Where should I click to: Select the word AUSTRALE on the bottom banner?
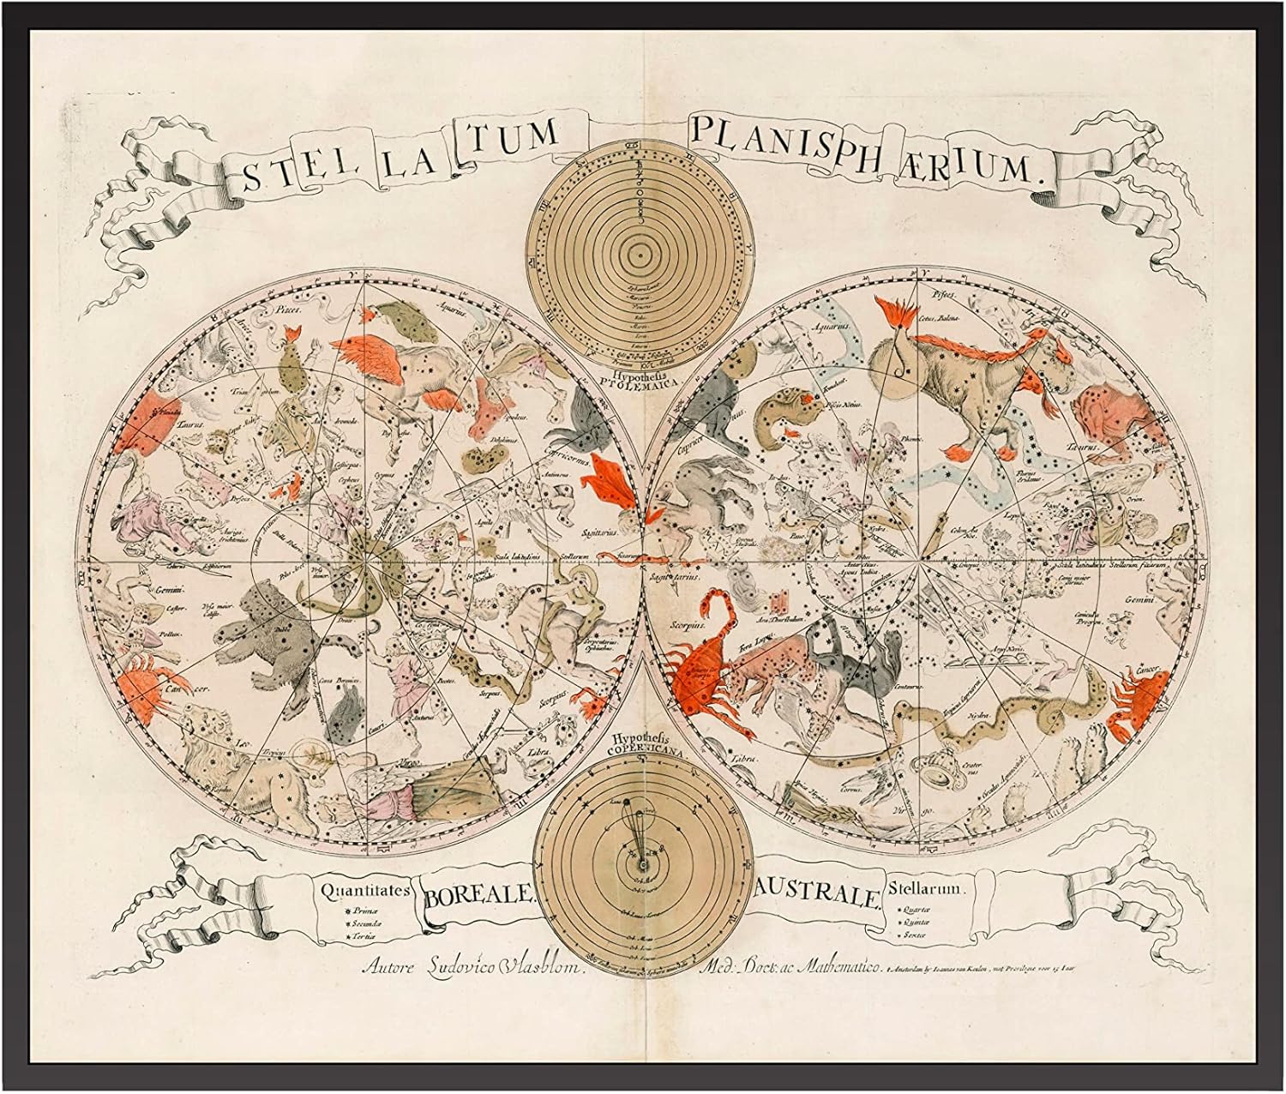(x=817, y=897)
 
